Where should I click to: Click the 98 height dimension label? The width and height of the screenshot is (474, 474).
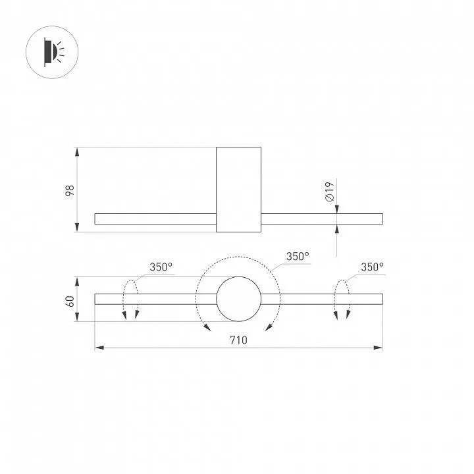pos(70,190)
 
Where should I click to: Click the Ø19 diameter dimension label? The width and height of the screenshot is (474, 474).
pos(329,192)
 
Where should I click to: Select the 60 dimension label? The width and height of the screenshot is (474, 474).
pos(70,301)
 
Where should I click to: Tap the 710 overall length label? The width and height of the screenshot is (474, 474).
pos(238,340)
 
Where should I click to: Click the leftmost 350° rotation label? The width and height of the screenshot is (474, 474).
pos(161,267)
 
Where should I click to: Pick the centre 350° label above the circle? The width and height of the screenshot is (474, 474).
pos(298,256)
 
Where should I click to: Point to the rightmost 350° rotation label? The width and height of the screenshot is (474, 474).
pos(372,267)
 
